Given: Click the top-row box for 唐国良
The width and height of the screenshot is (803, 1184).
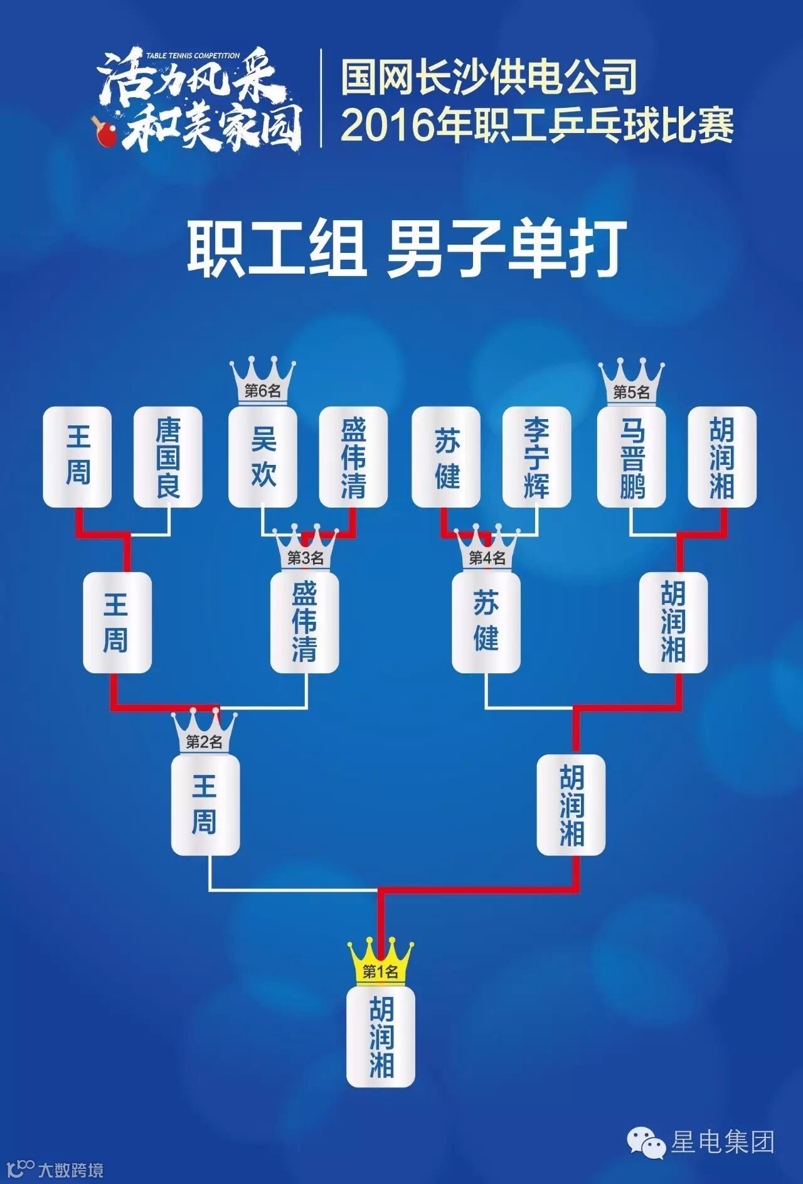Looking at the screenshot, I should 168,457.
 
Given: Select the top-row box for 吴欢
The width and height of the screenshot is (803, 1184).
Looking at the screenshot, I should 262,457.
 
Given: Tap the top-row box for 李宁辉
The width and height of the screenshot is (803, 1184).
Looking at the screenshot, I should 536,457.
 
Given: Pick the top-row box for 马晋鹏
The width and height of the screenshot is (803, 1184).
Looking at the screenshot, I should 631,457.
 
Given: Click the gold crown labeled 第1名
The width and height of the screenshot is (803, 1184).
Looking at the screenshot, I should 381,961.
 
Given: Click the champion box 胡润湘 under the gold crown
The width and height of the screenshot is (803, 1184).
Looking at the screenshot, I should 381,1036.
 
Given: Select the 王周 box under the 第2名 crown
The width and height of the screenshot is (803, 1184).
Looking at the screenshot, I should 205,804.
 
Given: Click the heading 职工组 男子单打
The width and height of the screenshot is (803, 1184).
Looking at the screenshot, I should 407,248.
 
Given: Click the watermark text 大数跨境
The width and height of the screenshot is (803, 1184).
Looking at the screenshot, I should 70,1170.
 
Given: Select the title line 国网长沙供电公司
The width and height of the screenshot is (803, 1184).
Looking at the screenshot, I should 490,76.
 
